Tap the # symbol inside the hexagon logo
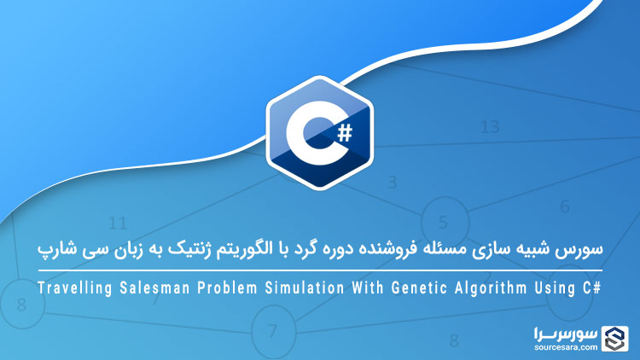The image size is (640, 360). point(343,131)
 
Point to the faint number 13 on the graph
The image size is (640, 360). point(489,127)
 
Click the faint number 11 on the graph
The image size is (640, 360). point(118,224)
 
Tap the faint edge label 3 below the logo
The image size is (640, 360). point(393,182)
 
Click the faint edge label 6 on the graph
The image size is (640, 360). point(565,206)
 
